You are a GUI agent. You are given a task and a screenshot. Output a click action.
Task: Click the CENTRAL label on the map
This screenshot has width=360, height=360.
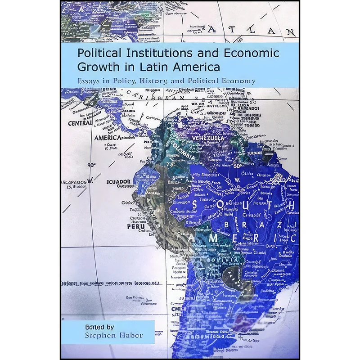click(80, 123)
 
